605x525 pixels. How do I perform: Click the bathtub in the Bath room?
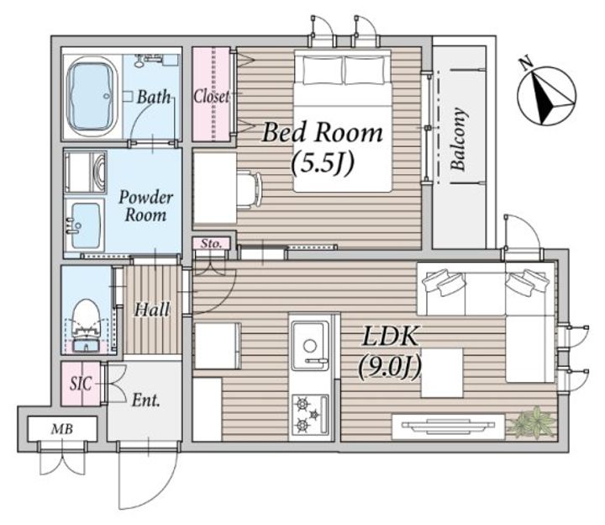click(92, 97)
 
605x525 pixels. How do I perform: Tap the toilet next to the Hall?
click(86, 326)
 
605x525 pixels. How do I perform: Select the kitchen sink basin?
click(310, 345)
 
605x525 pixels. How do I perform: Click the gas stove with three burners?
click(310, 415)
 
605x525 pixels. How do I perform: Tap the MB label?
click(62, 429)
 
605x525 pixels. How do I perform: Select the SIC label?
click(81, 383)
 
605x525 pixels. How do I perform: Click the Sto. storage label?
click(211, 244)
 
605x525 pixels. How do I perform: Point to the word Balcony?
click(459, 139)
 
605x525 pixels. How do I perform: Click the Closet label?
click(211, 96)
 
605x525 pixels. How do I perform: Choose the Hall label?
click(152, 309)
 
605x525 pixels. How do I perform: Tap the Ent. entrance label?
click(146, 400)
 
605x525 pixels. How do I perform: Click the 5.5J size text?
click(323, 163)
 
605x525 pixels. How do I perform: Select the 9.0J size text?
click(389, 366)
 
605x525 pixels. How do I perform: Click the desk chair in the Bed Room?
click(250, 189)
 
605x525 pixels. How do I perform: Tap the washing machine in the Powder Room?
click(85, 172)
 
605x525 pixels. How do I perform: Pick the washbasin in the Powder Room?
click(85, 225)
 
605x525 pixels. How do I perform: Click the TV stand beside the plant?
click(449, 427)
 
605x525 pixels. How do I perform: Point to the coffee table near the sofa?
click(442, 373)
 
